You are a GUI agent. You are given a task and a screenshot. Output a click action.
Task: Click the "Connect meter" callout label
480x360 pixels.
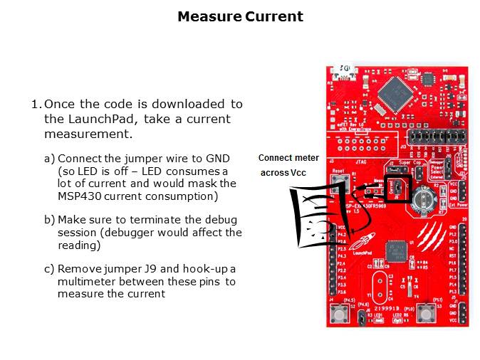(x=288, y=158)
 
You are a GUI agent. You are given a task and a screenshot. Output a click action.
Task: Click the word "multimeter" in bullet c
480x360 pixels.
(x=85, y=281)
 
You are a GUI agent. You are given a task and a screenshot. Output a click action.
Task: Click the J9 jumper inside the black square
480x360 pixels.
(x=396, y=189)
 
